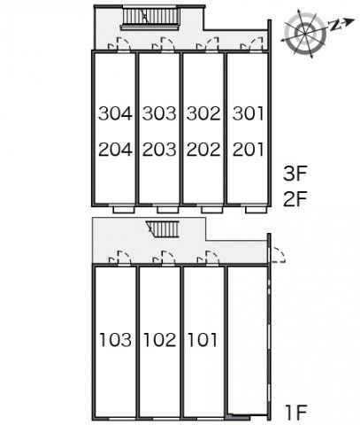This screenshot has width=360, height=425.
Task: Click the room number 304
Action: point(115,113)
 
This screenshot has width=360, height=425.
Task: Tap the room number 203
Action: point(159,150)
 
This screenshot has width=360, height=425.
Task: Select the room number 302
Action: point(203,113)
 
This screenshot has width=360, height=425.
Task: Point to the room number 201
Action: point(248,150)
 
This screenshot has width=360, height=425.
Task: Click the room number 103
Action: point(115,339)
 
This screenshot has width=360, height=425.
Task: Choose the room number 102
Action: point(159,339)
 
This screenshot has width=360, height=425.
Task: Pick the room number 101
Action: point(203,339)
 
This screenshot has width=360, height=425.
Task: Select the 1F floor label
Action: point(296,413)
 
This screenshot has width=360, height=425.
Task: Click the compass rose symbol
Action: point(305,33)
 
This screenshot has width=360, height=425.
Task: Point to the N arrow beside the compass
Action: point(341,24)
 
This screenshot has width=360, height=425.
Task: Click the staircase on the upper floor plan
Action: point(150,19)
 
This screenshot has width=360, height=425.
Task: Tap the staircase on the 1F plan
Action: point(163,229)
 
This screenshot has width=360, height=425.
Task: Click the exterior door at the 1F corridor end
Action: point(277,255)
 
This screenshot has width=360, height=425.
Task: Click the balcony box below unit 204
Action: point(124,210)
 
